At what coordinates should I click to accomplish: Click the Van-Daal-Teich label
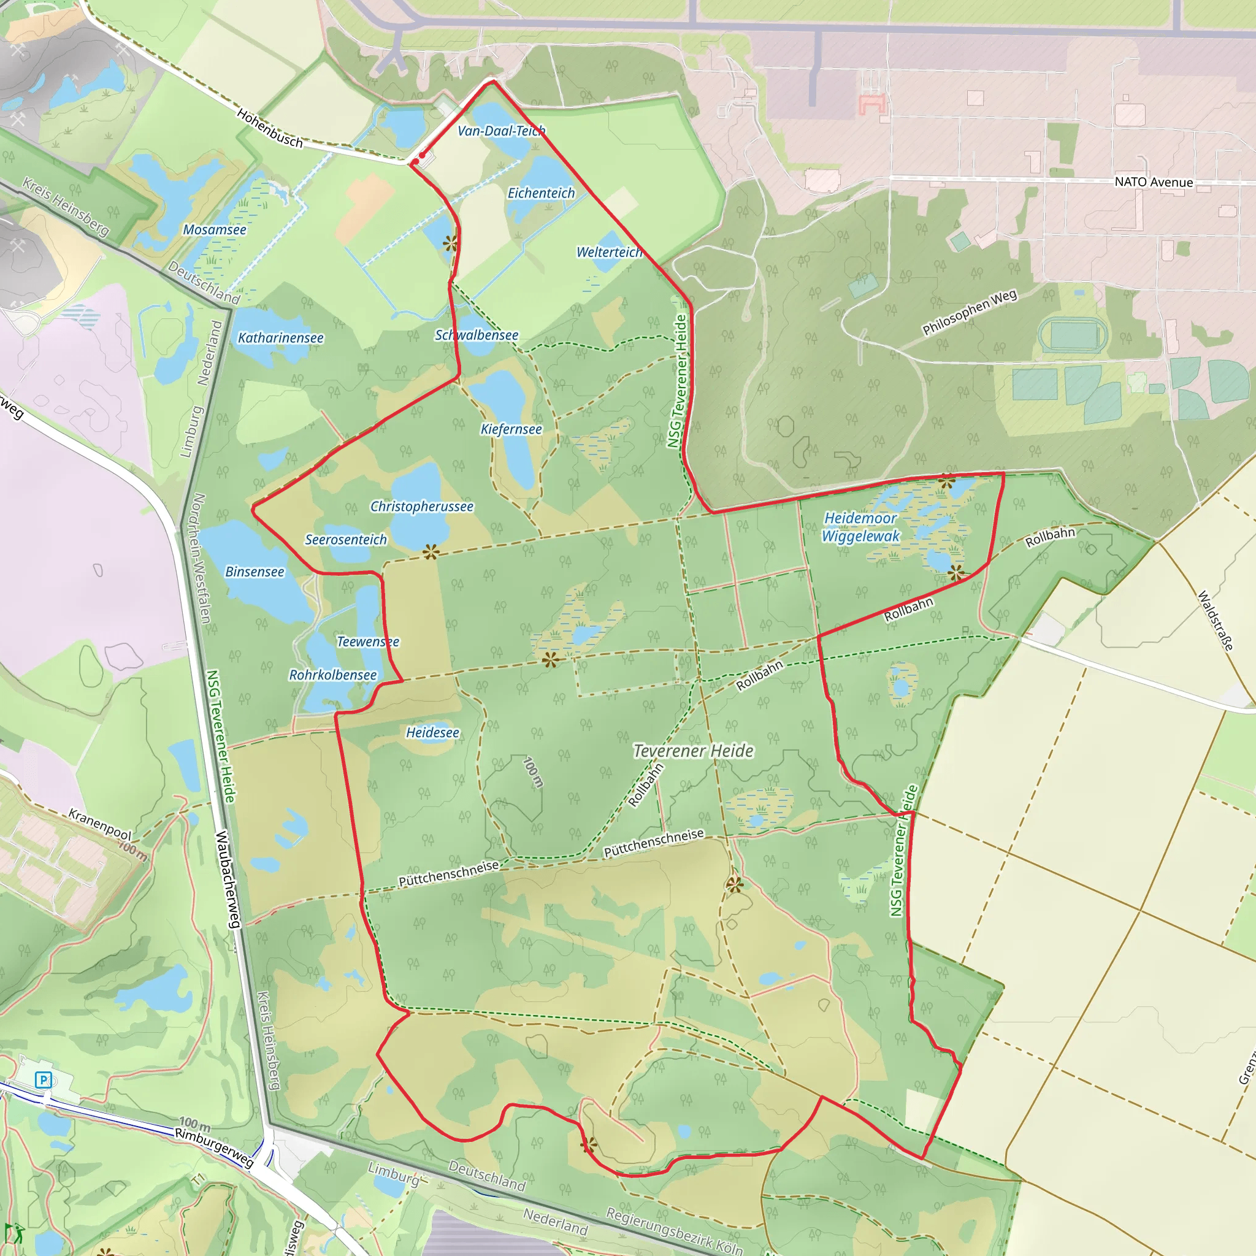pyautogui.click(x=501, y=131)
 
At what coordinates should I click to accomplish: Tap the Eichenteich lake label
pyautogui.click(x=541, y=193)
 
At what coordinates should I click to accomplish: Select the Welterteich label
pyautogui.click(x=609, y=252)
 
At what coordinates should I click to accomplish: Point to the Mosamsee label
pyautogui.click(x=215, y=229)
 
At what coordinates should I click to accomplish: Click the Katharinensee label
pyautogui.click(x=280, y=338)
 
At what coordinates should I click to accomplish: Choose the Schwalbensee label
pyautogui.click(x=477, y=335)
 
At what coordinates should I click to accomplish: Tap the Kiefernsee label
pyautogui.click(x=511, y=429)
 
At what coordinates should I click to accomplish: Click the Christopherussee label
pyautogui.click(x=422, y=507)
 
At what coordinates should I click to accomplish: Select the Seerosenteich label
pyautogui.click(x=346, y=540)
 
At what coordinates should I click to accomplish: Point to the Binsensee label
pyautogui.click(x=255, y=572)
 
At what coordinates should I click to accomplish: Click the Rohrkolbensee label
pyautogui.click(x=333, y=675)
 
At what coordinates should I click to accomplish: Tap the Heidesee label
pyautogui.click(x=432, y=733)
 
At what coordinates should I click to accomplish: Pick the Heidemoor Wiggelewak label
pyautogui.click(x=860, y=527)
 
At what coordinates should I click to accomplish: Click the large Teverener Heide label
pyautogui.click(x=693, y=751)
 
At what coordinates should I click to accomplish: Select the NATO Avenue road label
pyautogui.click(x=1154, y=182)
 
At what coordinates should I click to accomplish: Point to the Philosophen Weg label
pyautogui.click(x=970, y=313)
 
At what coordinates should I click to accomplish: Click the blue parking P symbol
pyautogui.click(x=43, y=1080)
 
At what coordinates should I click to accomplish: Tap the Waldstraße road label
pyautogui.click(x=1215, y=620)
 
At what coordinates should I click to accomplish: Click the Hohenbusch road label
pyautogui.click(x=270, y=128)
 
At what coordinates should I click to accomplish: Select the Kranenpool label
pyautogui.click(x=100, y=824)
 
